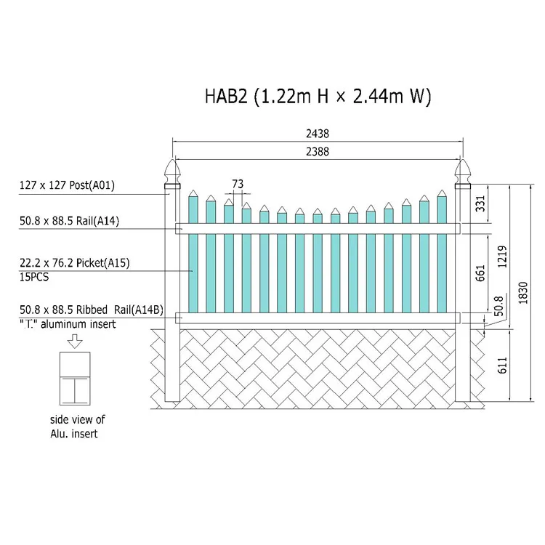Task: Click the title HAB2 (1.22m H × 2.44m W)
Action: coord(318,96)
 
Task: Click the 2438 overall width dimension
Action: coord(318,134)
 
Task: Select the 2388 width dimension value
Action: coord(318,152)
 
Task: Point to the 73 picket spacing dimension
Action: coord(238,184)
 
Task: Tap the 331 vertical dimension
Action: coord(480,203)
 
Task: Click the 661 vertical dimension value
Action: coord(480,273)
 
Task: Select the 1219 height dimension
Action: coord(502,257)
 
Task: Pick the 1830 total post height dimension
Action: coord(522,293)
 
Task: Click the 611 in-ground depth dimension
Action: coord(502,366)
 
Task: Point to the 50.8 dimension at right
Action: coord(498,306)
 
